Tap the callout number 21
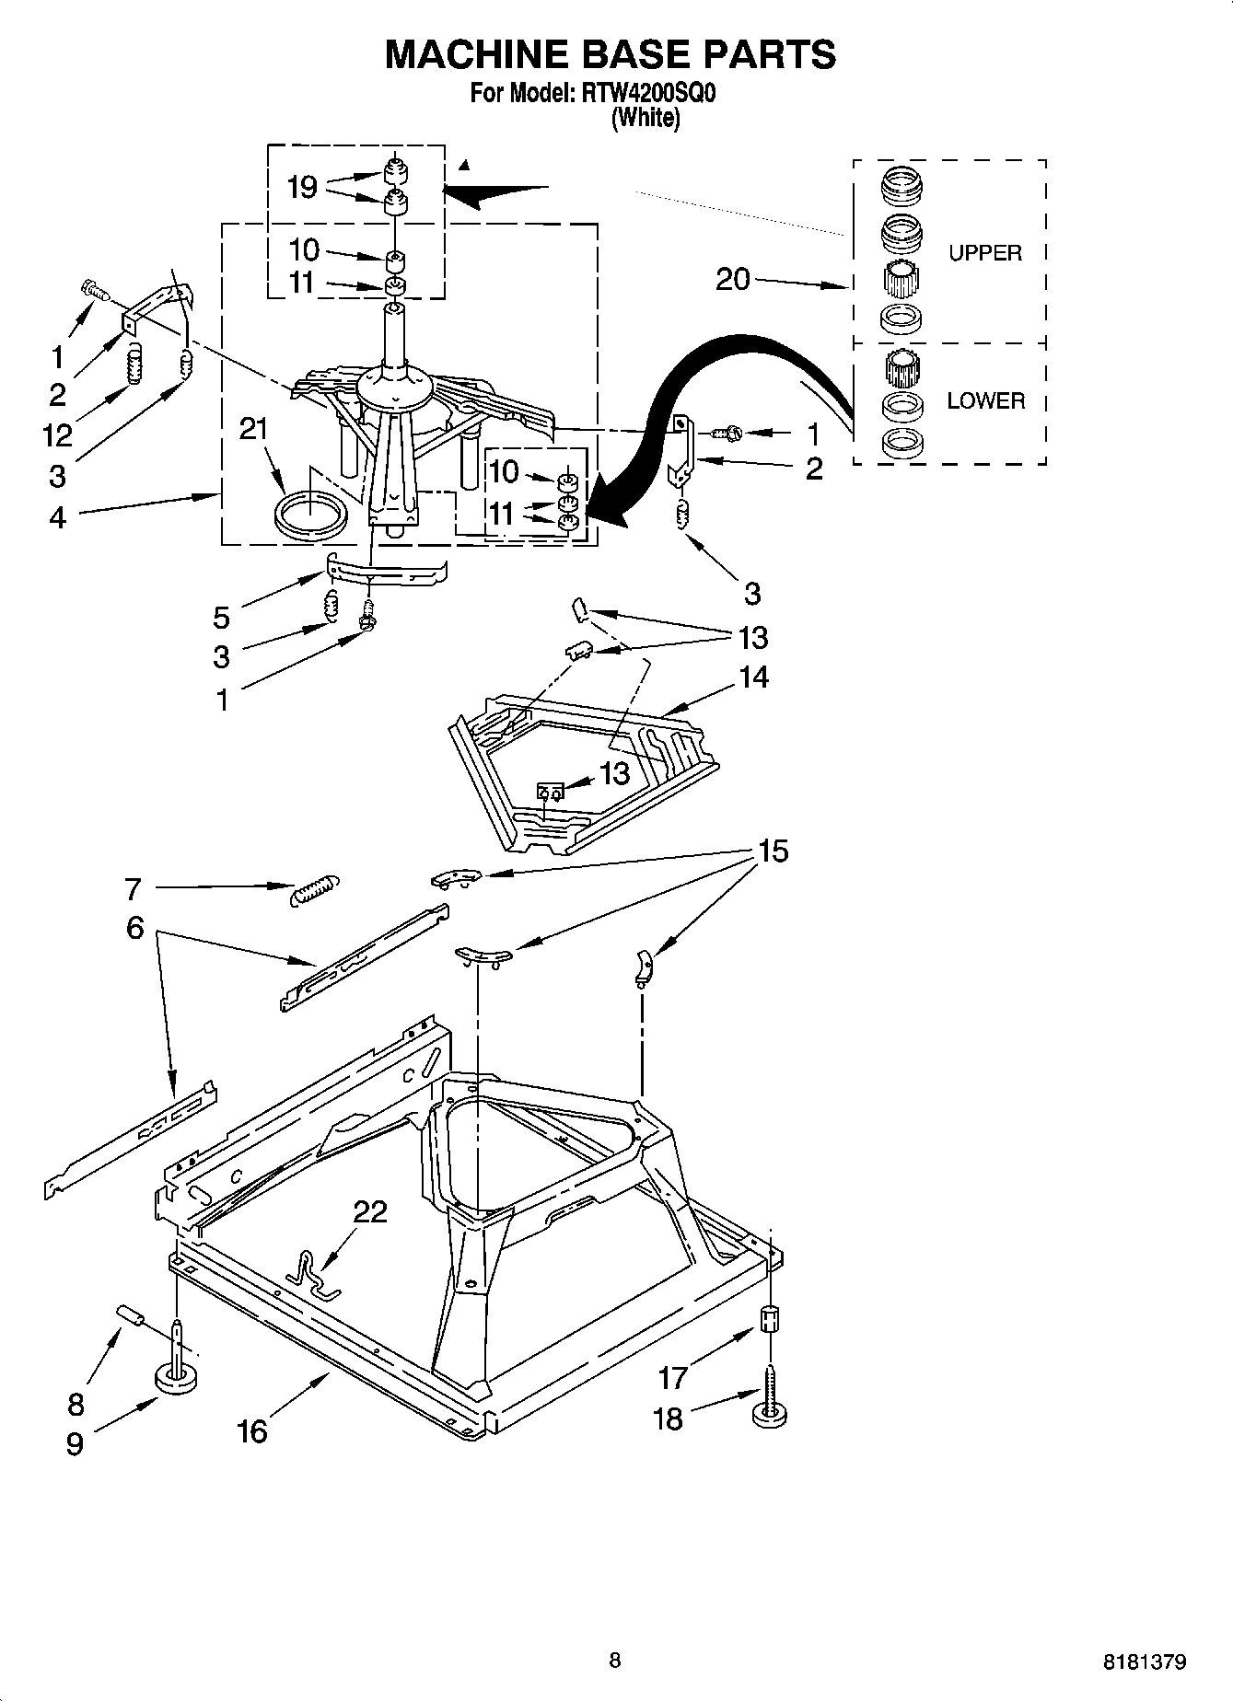pyautogui.click(x=253, y=430)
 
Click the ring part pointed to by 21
pyautogui.click(x=311, y=512)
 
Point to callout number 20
pyautogui.click(x=733, y=278)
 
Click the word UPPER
pyautogui.click(x=985, y=253)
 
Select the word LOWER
pyautogui.click(x=985, y=400)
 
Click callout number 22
pyautogui.click(x=370, y=1211)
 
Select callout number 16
pyautogui.click(x=251, y=1430)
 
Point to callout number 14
pyautogui.click(x=752, y=677)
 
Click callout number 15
pyautogui.click(x=773, y=851)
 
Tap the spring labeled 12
pyautogui.click(x=135, y=364)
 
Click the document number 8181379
pyautogui.click(x=1145, y=1662)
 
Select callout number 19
pyautogui.click(x=302, y=187)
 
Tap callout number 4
pyautogui.click(x=57, y=517)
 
